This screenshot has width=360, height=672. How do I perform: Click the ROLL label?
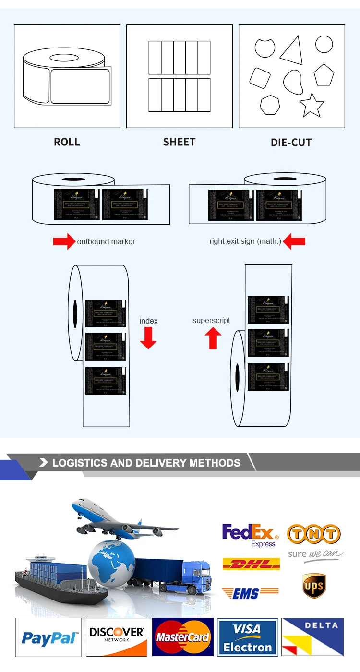(x=67, y=142)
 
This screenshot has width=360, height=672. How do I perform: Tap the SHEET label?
(x=179, y=142)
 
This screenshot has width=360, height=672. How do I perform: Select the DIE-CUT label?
(x=291, y=143)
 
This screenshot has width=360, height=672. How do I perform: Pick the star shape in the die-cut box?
(x=312, y=105)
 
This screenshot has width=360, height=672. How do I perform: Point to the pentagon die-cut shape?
(x=324, y=75)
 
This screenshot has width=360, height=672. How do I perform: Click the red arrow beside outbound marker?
(x=64, y=241)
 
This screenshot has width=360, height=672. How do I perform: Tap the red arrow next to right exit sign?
(x=294, y=241)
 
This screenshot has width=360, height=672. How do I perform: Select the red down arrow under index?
(x=148, y=337)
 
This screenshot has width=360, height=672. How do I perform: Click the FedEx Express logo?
(x=250, y=535)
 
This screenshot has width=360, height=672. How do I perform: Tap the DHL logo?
(x=251, y=564)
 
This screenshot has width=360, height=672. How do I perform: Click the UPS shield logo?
(x=314, y=586)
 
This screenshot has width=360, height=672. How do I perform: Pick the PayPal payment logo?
(x=48, y=637)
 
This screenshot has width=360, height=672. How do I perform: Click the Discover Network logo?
(x=117, y=637)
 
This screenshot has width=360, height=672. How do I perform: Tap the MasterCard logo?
(x=183, y=637)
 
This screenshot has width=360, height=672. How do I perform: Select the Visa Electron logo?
(x=247, y=637)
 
